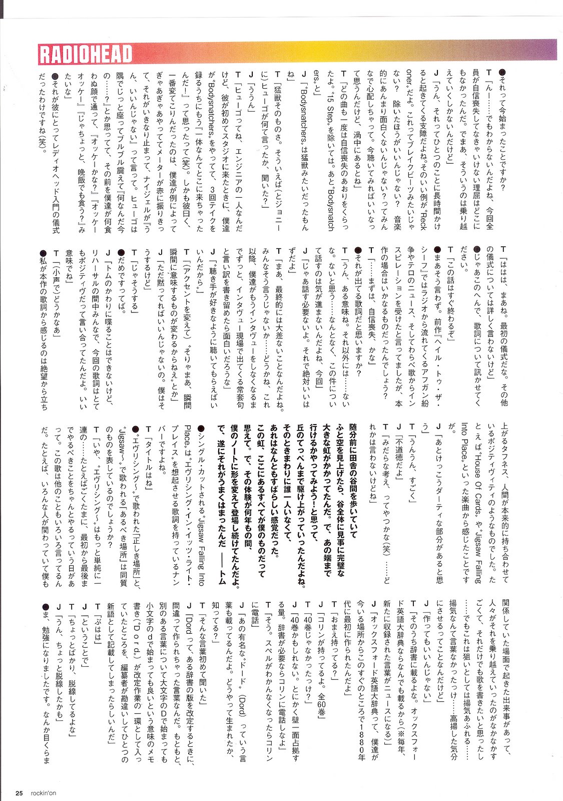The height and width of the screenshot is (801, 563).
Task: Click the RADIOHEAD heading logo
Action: tap(86, 54)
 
